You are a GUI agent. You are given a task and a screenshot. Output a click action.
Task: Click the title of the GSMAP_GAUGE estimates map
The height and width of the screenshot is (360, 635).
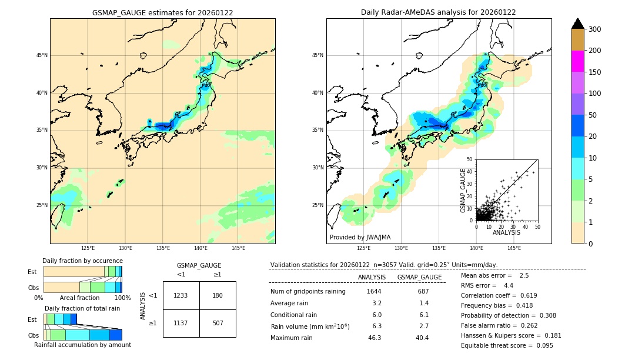162,12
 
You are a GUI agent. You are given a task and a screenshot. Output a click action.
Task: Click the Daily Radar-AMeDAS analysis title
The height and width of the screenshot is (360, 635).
439,12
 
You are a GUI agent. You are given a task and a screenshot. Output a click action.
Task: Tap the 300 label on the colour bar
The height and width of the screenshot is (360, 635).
594,29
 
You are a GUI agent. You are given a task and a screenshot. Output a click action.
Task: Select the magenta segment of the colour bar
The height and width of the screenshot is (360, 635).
578,61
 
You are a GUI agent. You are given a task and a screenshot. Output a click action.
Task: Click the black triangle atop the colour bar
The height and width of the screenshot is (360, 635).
578,24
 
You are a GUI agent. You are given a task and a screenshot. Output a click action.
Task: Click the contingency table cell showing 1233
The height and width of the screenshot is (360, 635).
181,295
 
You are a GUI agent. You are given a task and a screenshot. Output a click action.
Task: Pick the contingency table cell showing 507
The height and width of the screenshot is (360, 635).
218,323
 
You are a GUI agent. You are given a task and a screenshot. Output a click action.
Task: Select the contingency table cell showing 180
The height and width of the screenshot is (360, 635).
218,295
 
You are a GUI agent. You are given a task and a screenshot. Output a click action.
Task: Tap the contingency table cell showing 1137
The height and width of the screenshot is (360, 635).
181,323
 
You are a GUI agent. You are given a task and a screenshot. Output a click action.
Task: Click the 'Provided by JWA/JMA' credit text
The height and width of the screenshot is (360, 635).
360,238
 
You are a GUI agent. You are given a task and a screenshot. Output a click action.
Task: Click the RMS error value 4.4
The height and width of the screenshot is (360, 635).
509,285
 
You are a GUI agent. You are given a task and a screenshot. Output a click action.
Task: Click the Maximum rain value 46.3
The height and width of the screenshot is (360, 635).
375,338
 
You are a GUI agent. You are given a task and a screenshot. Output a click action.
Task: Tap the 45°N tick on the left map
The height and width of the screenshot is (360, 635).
42,55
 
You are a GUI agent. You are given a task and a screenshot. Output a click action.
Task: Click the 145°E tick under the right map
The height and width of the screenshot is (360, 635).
514,248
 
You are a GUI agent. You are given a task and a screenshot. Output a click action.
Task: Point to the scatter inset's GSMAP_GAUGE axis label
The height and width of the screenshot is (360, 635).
463,190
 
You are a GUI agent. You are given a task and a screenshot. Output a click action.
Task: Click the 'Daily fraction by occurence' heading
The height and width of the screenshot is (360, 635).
82,261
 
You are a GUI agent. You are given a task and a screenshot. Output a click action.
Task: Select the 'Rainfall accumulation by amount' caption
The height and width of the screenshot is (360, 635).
83,345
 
